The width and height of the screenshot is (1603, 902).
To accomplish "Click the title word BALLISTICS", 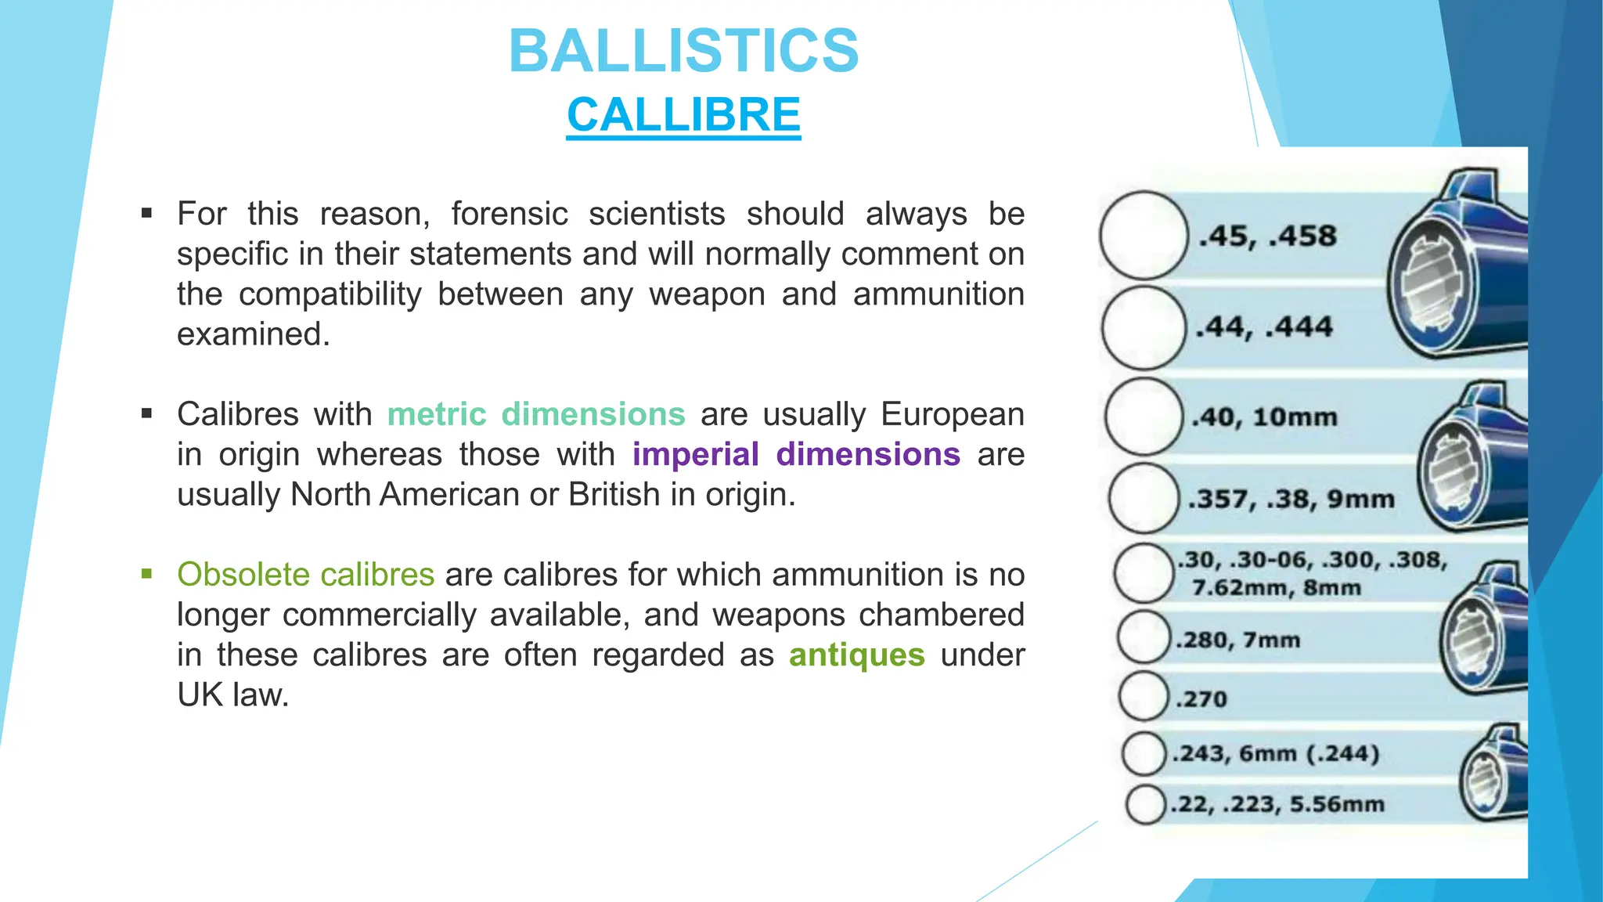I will tap(684, 52).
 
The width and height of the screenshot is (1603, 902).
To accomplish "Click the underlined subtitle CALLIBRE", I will tap(683, 115).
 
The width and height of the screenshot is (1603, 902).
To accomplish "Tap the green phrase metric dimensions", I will tap(536, 414).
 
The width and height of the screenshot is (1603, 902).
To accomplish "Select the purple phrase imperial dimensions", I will tap(796, 454).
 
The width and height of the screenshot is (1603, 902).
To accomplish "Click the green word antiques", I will tap(856, 655).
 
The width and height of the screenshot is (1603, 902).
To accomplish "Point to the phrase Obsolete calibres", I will tap(305, 575).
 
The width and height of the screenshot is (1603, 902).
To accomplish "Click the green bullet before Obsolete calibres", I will tap(146, 574).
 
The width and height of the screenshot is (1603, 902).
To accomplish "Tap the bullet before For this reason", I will tap(146, 213).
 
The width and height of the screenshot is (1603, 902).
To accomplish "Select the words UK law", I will tap(232, 695).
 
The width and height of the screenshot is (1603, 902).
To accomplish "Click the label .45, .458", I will tap(1268, 236).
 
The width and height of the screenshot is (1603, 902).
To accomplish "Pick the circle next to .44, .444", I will tap(1144, 328).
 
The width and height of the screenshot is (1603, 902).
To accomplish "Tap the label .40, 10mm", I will tap(1263, 417).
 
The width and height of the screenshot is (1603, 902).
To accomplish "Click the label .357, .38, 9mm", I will tap(1291, 499).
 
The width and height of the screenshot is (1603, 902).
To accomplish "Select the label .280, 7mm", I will tap(1237, 640).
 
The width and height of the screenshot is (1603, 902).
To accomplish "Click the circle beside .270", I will tap(1144, 695).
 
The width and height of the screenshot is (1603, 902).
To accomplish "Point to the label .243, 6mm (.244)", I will tap(1275, 753).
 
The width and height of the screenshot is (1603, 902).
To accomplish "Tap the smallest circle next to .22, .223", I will tap(1146, 805).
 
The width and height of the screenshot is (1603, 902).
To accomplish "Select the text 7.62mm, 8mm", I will tap(1276, 587).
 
